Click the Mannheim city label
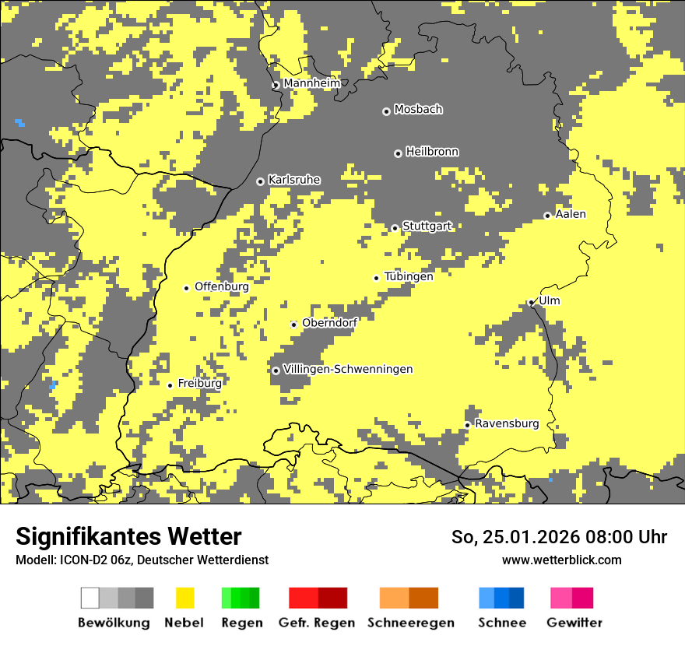tap(311, 83)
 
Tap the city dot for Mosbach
tap(386, 111)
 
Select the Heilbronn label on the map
tap(432, 152)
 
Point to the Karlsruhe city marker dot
tap(261, 181)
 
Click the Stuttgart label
tap(427, 226)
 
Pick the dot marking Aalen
tap(547, 216)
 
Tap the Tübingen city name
tap(409, 276)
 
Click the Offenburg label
tap(221, 286)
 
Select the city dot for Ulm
tap(531, 303)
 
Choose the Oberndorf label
tap(329, 323)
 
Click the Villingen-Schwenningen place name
tap(348, 369)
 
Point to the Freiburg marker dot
tap(170, 385)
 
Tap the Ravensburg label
tap(507, 423)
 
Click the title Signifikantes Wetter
tap(128, 536)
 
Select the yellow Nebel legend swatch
tap(184, 598)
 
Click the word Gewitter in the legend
tap(574, 623)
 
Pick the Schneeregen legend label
tap(410, 623)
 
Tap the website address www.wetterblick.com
tap(561, 560)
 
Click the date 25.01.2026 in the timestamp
tap(526, 537)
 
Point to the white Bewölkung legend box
tap(90, 598)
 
